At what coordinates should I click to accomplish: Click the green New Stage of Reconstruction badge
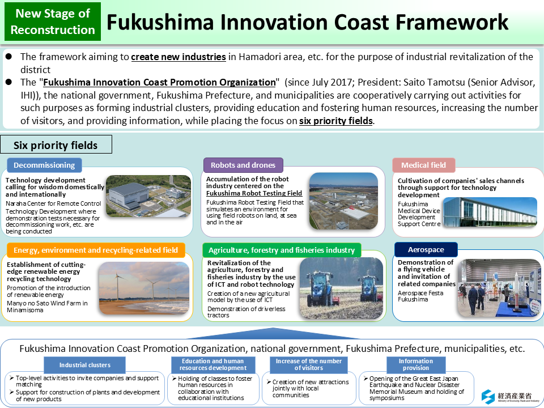[53, 22]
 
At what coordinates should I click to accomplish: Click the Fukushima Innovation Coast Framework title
[307, 22]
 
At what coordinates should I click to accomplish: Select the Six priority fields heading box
[56, 145]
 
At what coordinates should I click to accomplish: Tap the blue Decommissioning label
[44, 165]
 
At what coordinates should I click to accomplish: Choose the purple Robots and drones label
[243, 165]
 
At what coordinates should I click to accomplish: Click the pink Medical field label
[423, 165]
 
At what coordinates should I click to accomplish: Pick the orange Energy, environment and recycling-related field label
[96, 250]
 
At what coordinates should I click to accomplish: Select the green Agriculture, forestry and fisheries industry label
[282, 250]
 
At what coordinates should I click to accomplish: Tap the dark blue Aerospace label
[426, 250]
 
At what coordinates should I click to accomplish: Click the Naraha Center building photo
[148, 195]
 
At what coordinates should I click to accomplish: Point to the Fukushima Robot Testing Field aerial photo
[343, 201]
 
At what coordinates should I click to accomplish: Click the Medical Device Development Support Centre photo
[490, 212]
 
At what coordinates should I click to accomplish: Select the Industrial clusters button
[85, 365]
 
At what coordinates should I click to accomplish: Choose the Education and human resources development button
[213, 365]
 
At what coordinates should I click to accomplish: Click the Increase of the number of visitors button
[309, 365]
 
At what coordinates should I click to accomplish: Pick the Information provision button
[415, 365]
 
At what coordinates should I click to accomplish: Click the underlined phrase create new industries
[178, 57]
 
